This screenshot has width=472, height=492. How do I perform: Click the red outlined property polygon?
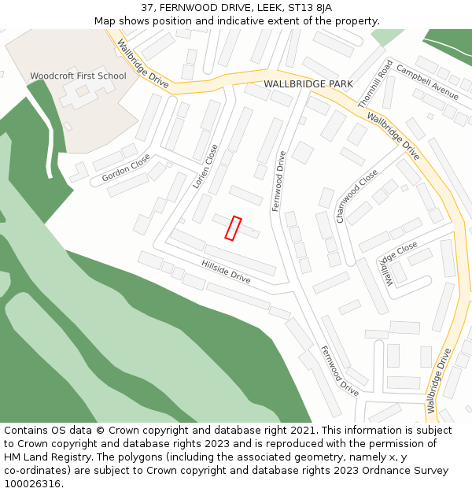point(233,228)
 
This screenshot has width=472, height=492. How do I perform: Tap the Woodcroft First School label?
point(78,76)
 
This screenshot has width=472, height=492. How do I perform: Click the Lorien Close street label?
point(205,165)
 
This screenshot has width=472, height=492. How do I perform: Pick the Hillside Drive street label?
point(226,272)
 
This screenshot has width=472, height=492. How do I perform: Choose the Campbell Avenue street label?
point(427,81)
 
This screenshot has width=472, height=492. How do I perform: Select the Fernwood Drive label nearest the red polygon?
point(278,181)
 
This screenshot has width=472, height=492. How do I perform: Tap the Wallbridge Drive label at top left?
point(142,64)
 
